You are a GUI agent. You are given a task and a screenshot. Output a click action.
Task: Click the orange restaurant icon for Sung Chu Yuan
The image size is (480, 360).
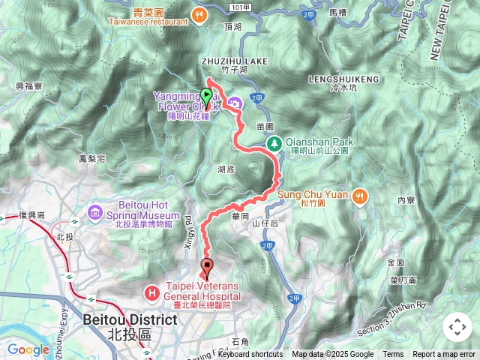(361, 195)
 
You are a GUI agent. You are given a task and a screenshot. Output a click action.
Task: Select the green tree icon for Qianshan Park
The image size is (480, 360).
(274, 142)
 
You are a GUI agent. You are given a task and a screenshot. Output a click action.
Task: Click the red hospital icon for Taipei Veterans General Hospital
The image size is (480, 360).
(153, 291)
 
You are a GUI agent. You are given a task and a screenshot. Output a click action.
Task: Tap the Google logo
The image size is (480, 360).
(28, 349)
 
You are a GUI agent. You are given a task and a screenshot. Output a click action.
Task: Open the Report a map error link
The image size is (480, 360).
(444, 355)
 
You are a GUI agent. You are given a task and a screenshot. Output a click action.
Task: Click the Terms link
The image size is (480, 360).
(393, 355)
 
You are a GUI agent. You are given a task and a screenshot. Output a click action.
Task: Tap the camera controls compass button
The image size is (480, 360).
(457, 327)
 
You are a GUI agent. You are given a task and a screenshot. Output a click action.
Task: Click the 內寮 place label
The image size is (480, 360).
(406, 200)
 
